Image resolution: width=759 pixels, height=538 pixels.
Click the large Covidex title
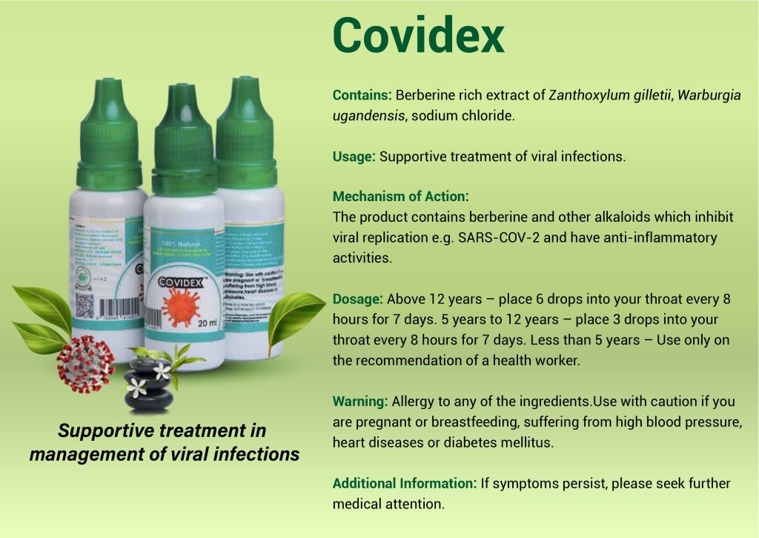(418, 35)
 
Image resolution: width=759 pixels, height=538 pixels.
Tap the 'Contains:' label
(362, 96)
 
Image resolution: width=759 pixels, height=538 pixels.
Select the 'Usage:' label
(354, 157)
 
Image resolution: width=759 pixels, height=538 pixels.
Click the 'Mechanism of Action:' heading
(401, 197)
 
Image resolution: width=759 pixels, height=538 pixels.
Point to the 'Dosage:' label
(357, 299)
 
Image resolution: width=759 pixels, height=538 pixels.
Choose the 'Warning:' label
(360, 401)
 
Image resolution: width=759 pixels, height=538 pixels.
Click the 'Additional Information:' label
(404, 483)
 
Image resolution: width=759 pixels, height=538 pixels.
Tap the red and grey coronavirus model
(86, 364)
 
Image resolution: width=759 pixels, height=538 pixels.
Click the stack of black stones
(148, 382)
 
